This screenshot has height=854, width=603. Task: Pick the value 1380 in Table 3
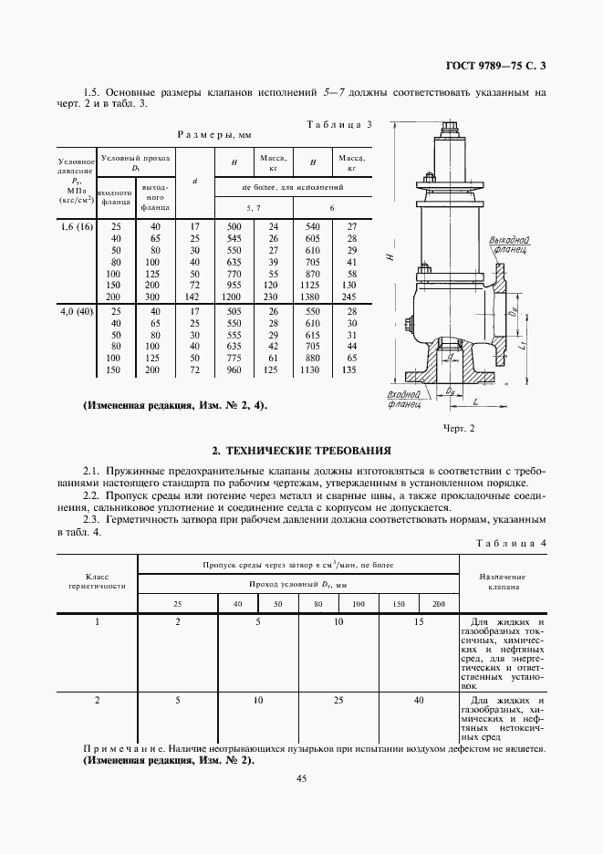tap(312, 297)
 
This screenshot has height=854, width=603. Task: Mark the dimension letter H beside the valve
tap(389, 258)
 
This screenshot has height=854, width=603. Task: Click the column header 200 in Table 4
tap(438, 604)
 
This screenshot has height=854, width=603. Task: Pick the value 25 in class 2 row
tap(338, 701)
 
